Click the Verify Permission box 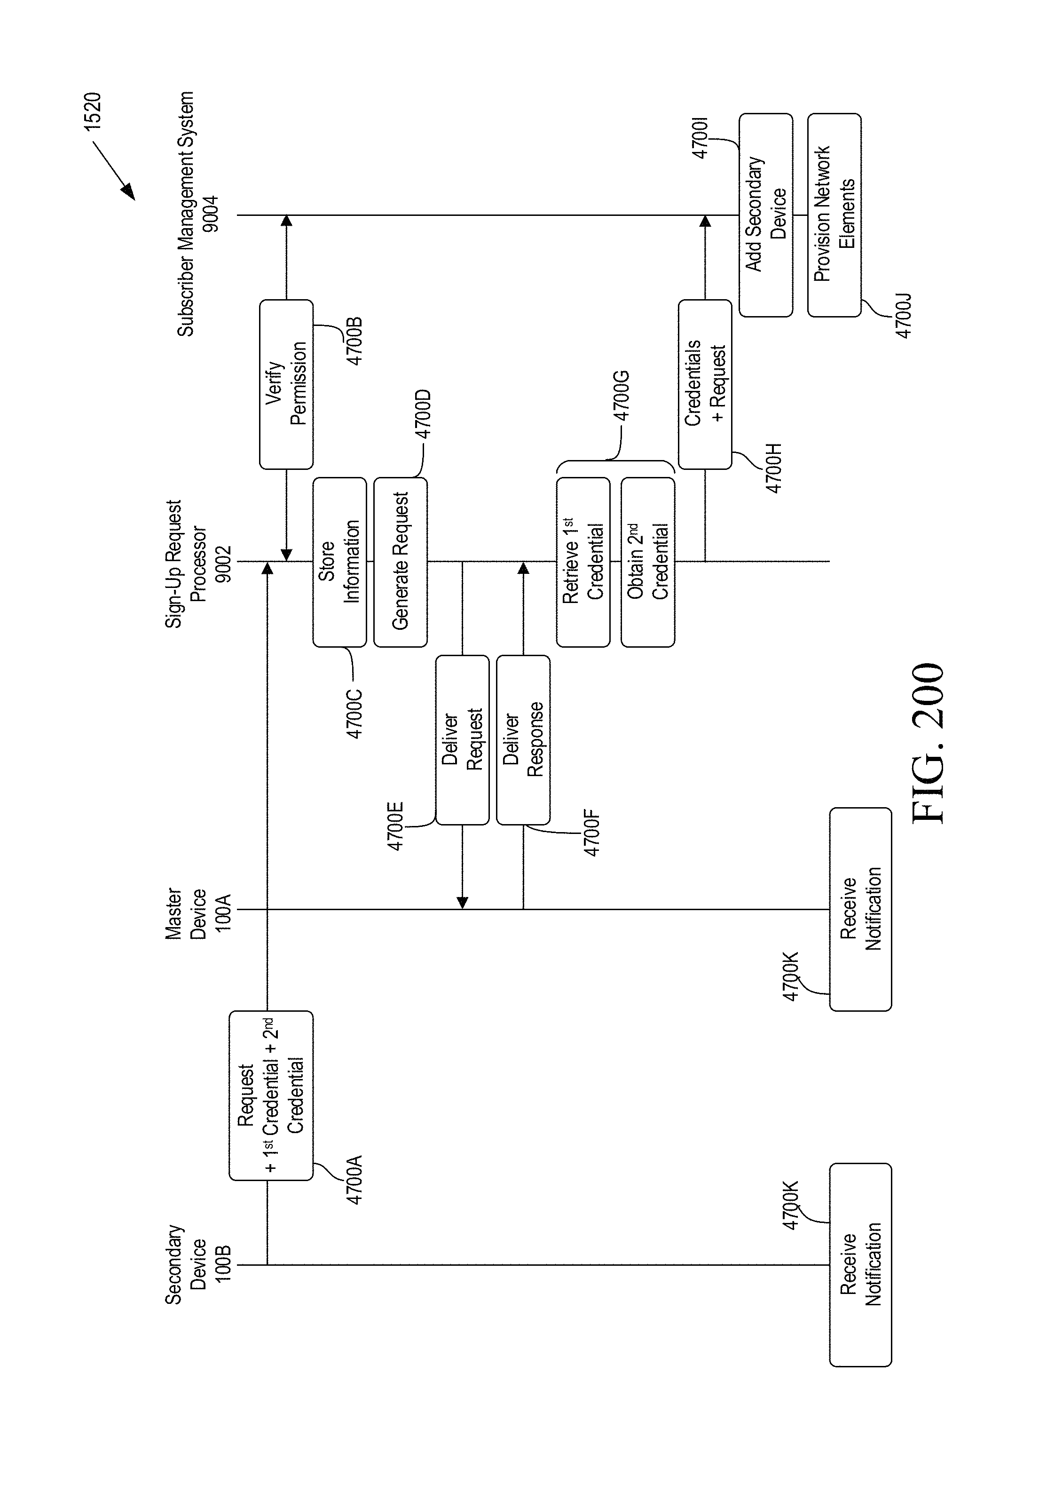coord(286,384)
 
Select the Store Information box coord(339,562)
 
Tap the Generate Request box coord(400,562)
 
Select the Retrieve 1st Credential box coord(582,562)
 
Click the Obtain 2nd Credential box coord(647,562)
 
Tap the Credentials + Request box coord(705,384)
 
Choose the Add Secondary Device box coord(765,215)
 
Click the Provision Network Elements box coord(834,215)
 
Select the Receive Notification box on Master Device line coord(860,910)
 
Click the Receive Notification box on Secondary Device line coord(860,1264)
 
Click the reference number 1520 coord(93,112)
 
